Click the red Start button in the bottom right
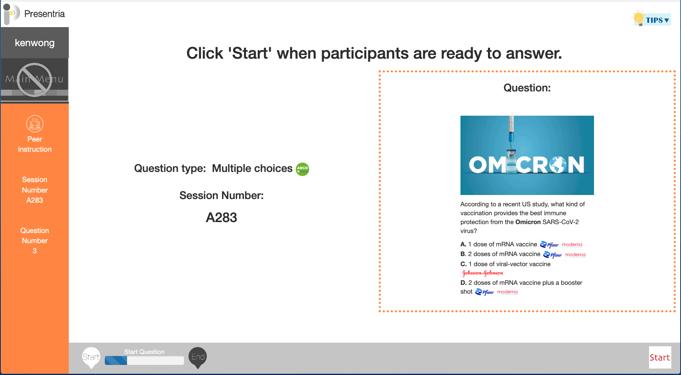(x=660, y=357)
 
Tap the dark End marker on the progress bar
(x=197, y=358)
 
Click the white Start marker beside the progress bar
(x=91, y=358)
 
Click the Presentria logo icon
(x=11, y=14)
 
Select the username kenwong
(x=35, y=43)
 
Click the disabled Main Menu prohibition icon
(x=34, y=80)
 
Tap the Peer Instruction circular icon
(x=35, y=124)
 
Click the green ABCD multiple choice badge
(x=303, y=169)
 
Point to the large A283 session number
(x=221, y=218)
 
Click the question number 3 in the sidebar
(x=35, y=251)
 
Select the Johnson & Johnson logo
(x=482, y=273)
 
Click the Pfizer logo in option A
(x=549, y=244)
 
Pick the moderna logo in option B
(x=575, y=255)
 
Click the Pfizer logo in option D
(x=484, y=292)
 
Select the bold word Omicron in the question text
(x=528, y=222)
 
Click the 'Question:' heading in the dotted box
(x=527, y=88)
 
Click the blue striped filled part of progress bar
(x=116, y=360)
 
